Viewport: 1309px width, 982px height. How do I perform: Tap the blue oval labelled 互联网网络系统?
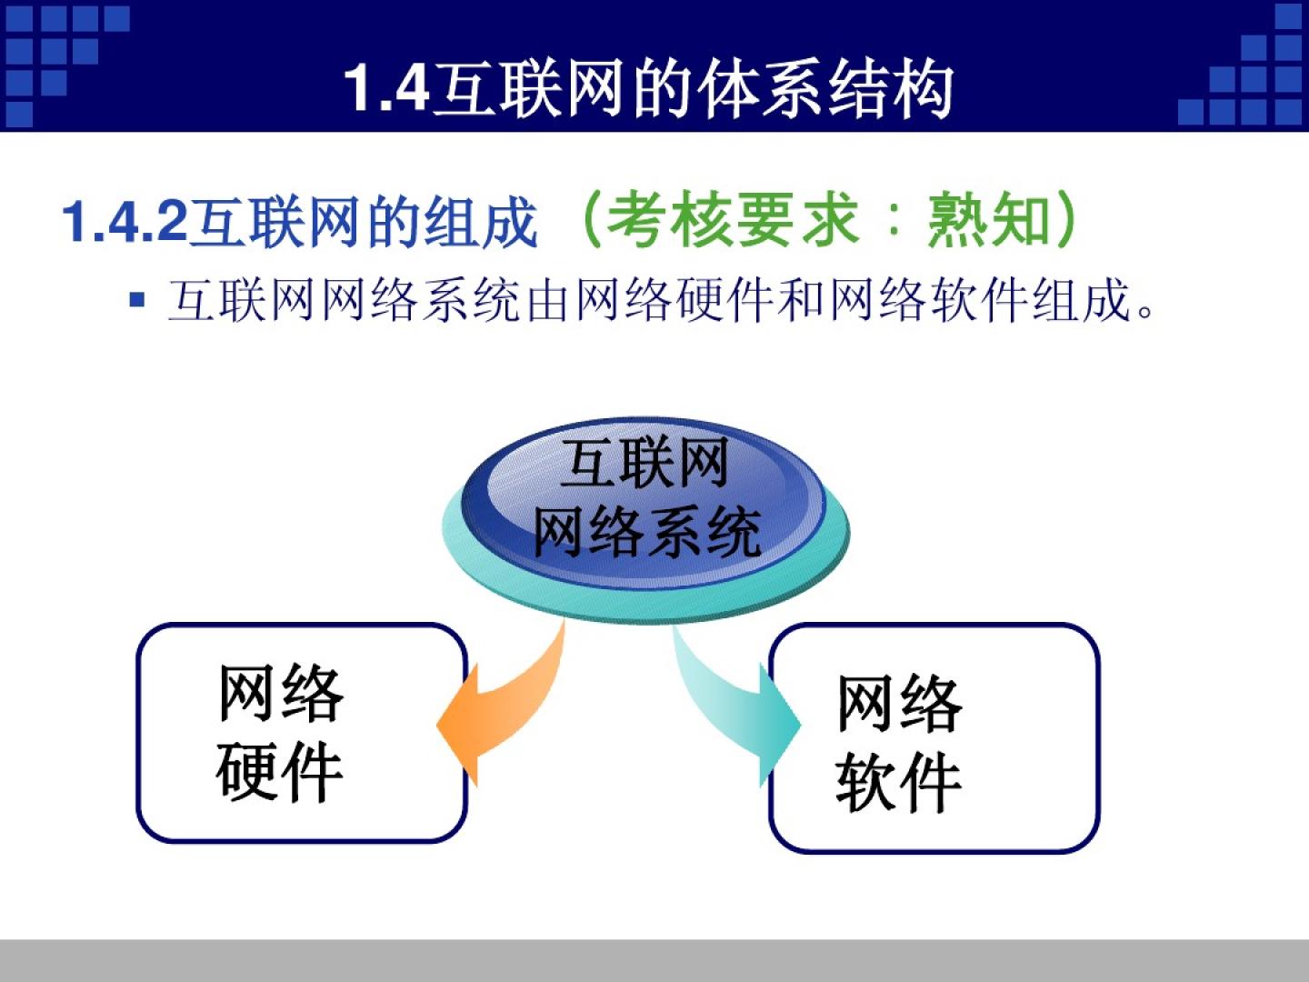(x=644, y=504)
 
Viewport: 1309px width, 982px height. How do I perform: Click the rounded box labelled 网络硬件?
(x=302, y=733)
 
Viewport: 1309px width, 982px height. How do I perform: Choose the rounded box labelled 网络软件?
(x=934, y=738)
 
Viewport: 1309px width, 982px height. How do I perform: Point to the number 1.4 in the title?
(x=387, y=89)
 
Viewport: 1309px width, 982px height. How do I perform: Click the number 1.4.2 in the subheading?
(x=125, y=221)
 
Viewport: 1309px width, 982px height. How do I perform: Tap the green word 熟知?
(x=988, y=219)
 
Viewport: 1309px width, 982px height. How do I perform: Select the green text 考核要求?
(x=733, y=219)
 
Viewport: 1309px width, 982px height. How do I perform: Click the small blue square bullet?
(x=137, y=299)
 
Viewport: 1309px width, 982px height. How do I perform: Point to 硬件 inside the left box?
(x=279, y=773)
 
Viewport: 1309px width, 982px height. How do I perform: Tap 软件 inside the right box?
(x=898, y=782)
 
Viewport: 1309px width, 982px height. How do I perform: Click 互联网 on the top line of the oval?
(x=645, y=463)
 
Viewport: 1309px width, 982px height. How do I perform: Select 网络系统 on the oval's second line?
(x=646, y=532)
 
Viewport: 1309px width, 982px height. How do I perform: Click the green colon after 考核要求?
(x=893, y=221)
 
